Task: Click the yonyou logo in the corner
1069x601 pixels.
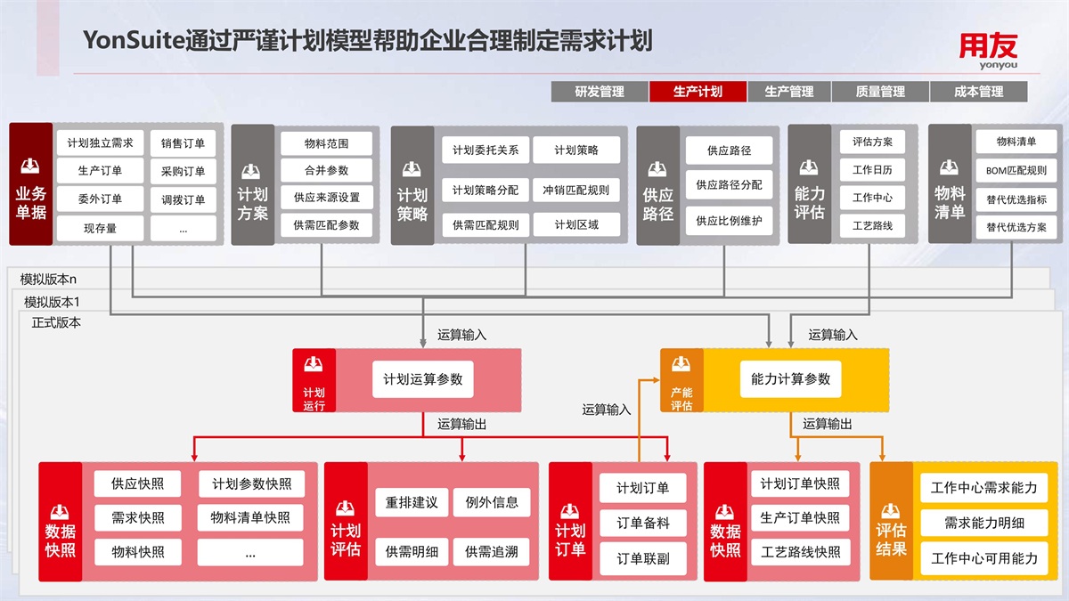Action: point(988,51)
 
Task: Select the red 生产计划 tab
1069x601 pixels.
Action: point(698,91)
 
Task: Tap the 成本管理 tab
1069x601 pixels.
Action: point(978,91)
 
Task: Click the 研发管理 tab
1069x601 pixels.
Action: point(600,91)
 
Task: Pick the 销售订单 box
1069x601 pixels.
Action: point(184,142)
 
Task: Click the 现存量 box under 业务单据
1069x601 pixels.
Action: point(100,228)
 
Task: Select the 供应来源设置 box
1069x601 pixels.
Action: point(326,198)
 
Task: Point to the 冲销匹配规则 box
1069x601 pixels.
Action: point(575,190)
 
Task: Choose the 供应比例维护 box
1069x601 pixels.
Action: point(729,220)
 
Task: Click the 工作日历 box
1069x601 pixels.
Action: point(872,169)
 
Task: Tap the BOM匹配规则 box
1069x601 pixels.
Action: point(1016,170)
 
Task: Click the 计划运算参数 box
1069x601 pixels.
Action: point(423,379)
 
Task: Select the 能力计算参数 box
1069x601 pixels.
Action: point(785,378)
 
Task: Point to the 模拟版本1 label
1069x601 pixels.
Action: point(52,301)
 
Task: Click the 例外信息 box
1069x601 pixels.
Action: point(492,502)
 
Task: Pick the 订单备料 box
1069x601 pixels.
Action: point(643,524)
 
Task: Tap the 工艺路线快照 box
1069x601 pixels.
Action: point(800,551)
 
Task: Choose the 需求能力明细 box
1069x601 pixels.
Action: point(984,524)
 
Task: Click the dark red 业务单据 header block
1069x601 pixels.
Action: point(31,184)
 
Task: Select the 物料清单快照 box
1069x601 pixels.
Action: point(250,517)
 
